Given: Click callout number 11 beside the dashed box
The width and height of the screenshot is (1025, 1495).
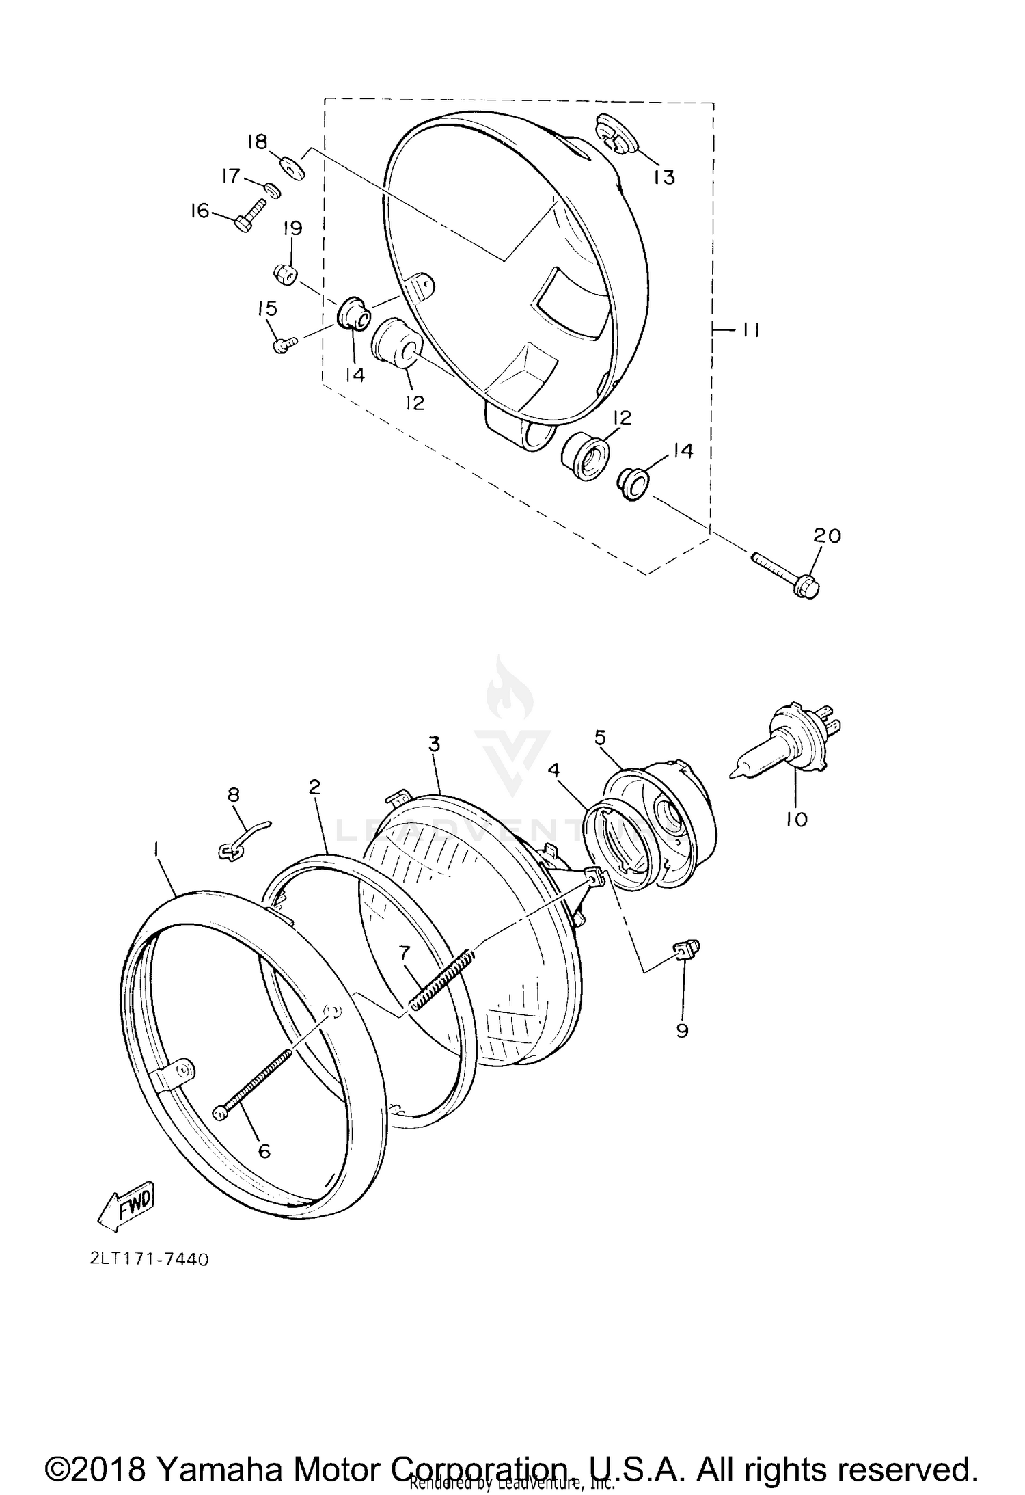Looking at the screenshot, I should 750,330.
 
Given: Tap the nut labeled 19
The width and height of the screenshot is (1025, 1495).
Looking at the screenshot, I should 284,275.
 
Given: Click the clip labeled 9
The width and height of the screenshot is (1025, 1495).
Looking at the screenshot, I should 685,949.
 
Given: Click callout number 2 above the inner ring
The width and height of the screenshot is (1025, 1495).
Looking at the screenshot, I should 314,787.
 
